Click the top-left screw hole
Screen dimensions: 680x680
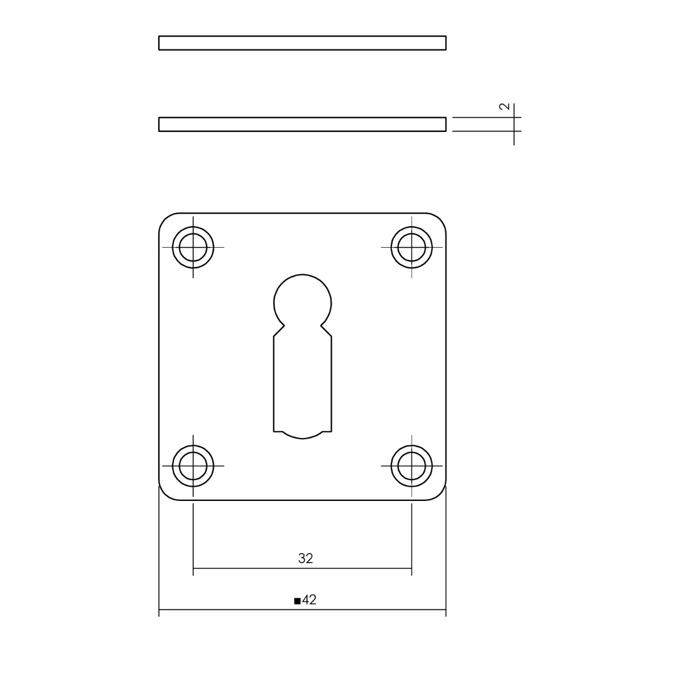193,248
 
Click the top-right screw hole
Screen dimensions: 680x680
411,248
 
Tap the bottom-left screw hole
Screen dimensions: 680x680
193,466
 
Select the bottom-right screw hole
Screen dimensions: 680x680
411,466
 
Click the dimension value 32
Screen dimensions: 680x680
305,558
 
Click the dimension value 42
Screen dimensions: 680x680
309,600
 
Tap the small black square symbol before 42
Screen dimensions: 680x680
297,601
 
